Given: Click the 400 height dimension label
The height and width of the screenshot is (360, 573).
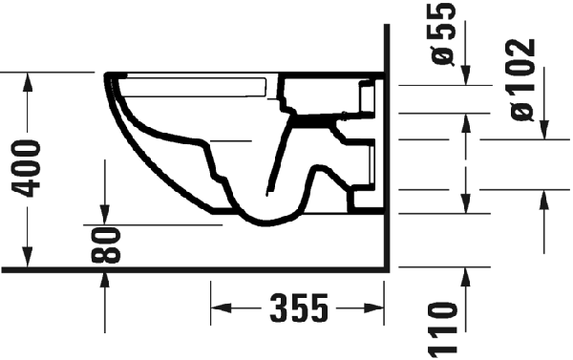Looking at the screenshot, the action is (x=27, y=168).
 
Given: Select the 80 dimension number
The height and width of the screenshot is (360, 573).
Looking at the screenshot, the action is (x=106, y=245).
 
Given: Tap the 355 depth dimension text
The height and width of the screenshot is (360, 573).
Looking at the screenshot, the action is (x=299, y=308).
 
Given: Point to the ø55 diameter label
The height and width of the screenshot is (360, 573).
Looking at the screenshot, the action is (x=443, y=33).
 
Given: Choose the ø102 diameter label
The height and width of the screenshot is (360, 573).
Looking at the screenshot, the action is (x=522, y=79).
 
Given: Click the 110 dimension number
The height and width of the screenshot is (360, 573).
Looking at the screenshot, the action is (x=443, y=328).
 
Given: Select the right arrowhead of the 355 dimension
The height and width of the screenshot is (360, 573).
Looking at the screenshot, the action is (x=373, y=308).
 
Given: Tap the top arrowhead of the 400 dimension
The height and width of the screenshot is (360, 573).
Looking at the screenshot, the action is (x=27, y=82).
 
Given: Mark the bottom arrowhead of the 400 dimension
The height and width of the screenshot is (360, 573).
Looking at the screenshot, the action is (x=27, y=257).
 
